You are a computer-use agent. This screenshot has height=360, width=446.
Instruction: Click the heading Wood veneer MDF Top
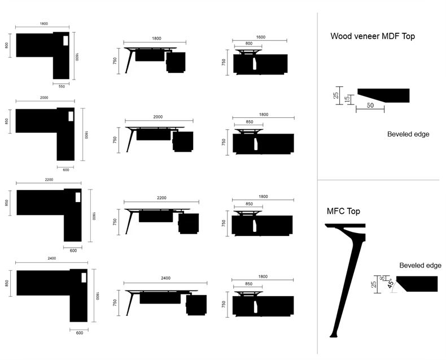[x=373, y=36]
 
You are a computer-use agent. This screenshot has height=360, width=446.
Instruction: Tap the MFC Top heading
[x=343, y=211]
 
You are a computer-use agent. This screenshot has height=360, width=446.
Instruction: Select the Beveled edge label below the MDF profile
[x=408, y=134]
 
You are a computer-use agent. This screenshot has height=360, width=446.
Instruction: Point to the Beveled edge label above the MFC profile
[x=420, y=265]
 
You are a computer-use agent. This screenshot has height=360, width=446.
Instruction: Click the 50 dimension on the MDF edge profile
[x=370, y=105]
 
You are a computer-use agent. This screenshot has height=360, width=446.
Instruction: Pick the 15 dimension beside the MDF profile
[x=347, y=99]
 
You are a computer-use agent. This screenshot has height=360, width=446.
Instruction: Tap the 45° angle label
[x=391, y=284]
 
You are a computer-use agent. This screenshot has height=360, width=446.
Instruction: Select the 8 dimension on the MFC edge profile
[x=382, y=278]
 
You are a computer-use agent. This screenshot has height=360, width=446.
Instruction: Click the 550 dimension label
[x=62, y=86]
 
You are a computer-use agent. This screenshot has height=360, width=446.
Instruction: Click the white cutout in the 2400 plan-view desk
[x=84, y=278]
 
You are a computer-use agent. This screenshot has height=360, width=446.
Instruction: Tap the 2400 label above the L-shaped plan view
[x=51, y=258]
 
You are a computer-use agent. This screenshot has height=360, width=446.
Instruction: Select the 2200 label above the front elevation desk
[x=161, y=197]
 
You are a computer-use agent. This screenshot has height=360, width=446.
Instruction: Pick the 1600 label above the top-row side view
[x=261, y=37]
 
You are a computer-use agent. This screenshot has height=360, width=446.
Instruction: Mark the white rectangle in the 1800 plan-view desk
[x=65, y=41]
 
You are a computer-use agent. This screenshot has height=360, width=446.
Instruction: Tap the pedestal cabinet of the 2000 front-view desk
[x=183, y=141]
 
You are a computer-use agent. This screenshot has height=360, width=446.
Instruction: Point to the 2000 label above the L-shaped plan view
[x=44, y=98]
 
